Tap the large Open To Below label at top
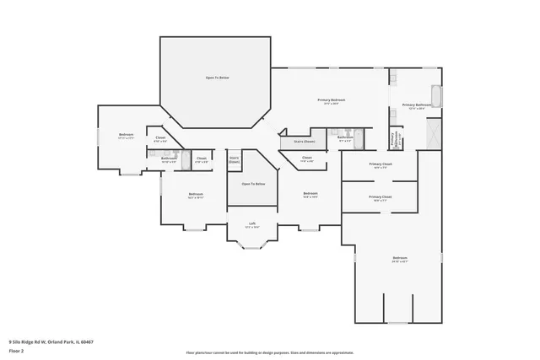(x=218, y=78)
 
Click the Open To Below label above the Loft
(x=253, y=184)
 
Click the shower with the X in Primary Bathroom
(x=434, y=133)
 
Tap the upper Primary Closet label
(x=380, y=165)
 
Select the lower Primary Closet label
(x=380, y=198)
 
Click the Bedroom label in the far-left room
(x=127, y=136)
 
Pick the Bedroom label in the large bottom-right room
(x=400, y=259)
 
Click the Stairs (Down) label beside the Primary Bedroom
(x=305, y=142)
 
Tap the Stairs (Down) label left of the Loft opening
(x=234, y=159)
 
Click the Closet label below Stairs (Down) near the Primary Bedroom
(x=307, y=159)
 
